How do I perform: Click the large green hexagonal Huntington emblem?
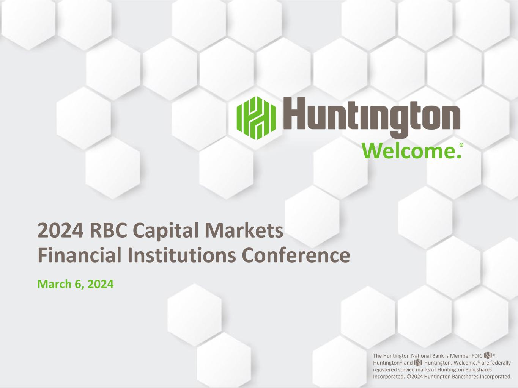click(x=256, y=118)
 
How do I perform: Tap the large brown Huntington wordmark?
click(x=372, y=117)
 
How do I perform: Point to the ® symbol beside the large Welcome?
click(x=461, y=145)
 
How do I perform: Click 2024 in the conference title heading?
click(x=60, y=231)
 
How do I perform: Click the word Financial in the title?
click(x=80, y=255)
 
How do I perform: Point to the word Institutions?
click(x=181, y=255)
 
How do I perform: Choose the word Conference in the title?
click(x=296, y=255)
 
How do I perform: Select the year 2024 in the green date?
click(x=101, y=284)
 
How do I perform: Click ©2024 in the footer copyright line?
click(x=415, y=377)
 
